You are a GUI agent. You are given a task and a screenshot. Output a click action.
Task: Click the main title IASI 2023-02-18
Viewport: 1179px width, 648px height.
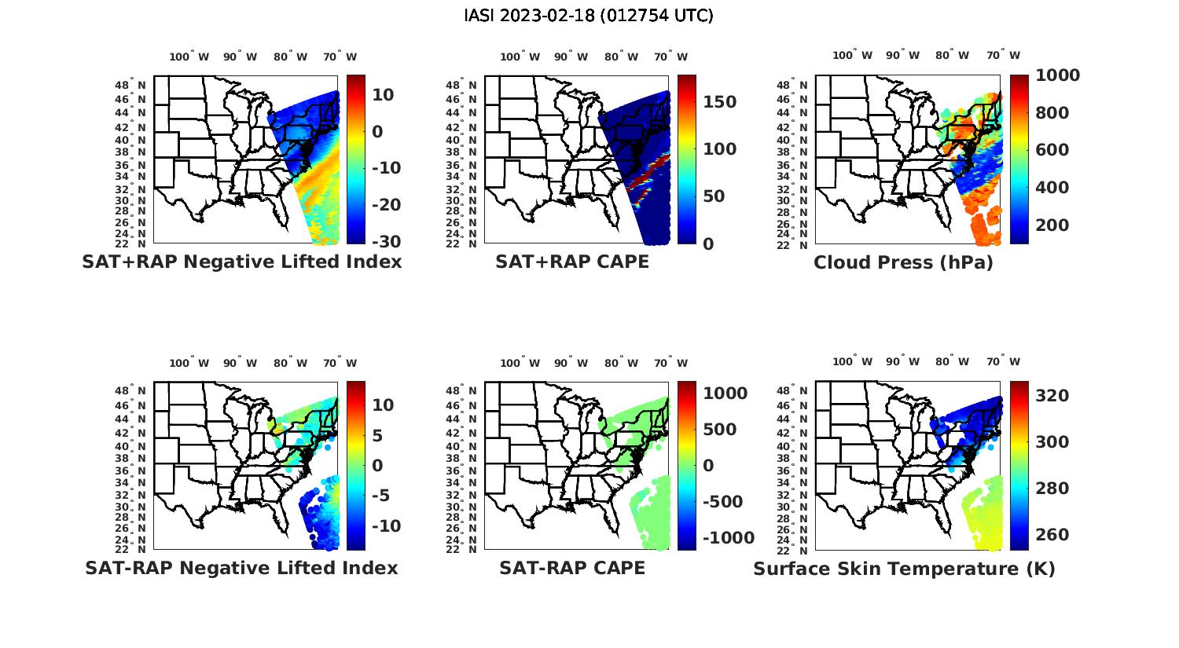(x=589, y=16)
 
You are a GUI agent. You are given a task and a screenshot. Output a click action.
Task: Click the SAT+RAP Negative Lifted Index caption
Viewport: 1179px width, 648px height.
(x=241, y=262)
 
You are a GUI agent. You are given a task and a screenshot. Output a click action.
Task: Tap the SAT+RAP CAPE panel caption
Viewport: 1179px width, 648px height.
(x=572, y=262)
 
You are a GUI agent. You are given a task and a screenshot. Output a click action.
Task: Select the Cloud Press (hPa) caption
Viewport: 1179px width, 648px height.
(x=903, y=262)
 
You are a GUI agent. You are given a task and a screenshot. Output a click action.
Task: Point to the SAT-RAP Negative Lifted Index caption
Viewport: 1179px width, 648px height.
(x=241, y=568)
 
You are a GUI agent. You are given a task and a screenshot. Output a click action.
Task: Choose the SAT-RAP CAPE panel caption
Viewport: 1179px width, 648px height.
(x=572, y=568)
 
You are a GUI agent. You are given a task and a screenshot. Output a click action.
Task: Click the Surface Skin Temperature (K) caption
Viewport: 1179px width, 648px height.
(x=904, y=569)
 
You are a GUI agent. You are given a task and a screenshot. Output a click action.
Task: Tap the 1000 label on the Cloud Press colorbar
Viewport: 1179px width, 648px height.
(x=1057, y=75)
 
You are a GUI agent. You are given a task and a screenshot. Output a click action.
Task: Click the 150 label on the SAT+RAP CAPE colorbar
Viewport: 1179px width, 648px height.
(x=719, y=102)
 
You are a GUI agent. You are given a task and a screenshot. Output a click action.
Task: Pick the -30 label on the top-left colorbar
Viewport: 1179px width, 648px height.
(x=386, y=242)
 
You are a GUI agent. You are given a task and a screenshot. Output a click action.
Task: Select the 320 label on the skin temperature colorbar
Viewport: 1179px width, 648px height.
(x=1052, y=396)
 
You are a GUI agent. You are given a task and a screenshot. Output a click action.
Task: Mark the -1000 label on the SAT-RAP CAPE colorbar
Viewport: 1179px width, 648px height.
(x=727, y=538)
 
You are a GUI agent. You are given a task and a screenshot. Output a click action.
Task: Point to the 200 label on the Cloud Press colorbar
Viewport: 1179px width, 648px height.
(x=1052, y=225)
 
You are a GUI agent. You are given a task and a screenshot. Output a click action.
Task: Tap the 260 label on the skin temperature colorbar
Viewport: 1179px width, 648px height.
(x=1052, y=535)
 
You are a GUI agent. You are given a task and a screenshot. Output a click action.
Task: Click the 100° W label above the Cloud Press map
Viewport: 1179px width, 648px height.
(x=852, y=56)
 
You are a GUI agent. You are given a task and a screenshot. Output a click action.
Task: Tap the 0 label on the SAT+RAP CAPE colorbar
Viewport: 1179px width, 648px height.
(x=708, y=243)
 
